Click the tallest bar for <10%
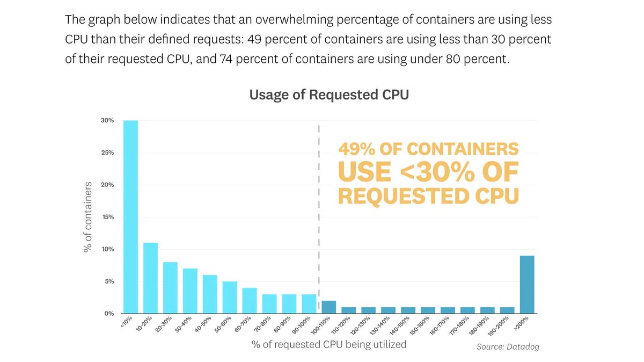pyautogui.click(x=130, y=217)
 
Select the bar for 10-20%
pyautogui.click(x=150, y=278)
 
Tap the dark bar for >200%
pyautogui.click(x=527, y=285)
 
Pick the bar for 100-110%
pyautogui.click(x=328, y=307)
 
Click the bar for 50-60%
pyautogui.click(x=230, y=298)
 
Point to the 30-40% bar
pyautogui.click(x=190, y=291)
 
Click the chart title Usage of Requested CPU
pyautogui.click(x=329, y=95)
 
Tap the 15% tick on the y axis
pyautogui.click(x=107, y=217)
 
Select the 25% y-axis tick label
pyautogui.click(x=107, y=153)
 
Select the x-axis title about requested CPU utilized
pyautogui.click(x=328, y=344)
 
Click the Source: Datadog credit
pyautogui.click(x=508, y=347)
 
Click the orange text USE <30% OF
pyautogui.click(x=428, y=172)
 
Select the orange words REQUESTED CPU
pyautogui.click(x=428, y=196)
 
